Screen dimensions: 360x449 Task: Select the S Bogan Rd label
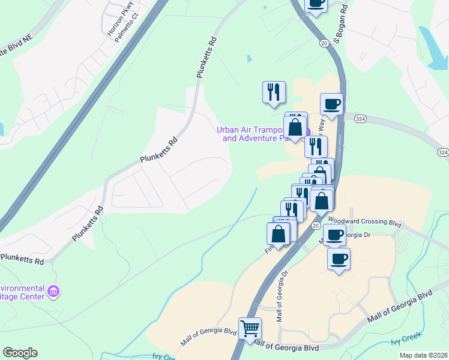coord(341,25)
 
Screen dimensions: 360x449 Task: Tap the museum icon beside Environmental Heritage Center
coord(54,292)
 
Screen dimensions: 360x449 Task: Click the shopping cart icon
coord(250,328)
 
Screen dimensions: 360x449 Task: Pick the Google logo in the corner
coord(20,353)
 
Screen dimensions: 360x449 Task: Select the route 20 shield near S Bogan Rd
coord(324,43)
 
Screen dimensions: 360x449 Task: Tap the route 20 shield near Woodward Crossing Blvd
coord(315,226)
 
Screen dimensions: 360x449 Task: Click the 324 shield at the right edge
coord(442,152)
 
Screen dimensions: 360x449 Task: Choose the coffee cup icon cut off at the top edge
coord(316,4)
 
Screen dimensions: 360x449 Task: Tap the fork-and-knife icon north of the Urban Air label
coord(274,92)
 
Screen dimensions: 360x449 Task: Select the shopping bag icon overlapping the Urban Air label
coord(295,127)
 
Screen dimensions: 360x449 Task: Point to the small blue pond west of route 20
coord(249,59)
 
